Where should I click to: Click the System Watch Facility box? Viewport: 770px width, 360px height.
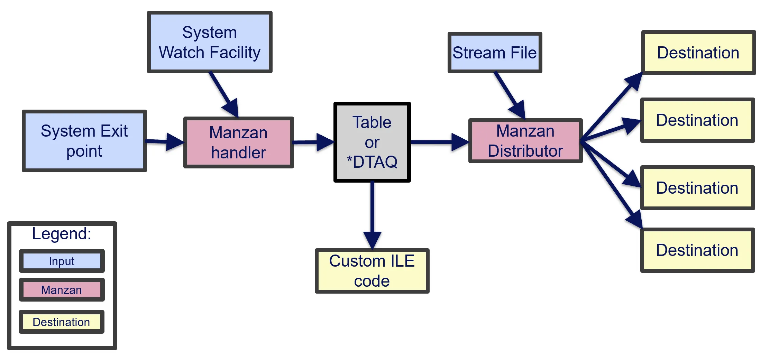(210, 42)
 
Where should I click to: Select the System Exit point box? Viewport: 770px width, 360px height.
(84, 141)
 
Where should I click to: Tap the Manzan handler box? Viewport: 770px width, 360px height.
(238, 142)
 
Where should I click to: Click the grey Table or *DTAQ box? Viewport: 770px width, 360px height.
(372, 142)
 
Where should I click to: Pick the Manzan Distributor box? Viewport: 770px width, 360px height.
(525, 141)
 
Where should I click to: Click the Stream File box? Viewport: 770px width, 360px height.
(494, 53)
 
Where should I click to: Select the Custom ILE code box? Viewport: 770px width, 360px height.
(372, 271)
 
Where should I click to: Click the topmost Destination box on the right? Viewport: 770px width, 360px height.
(698, 53)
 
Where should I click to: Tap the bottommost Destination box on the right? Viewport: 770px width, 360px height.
(697, 250)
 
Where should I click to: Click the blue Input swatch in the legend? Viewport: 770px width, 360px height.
(62, 261)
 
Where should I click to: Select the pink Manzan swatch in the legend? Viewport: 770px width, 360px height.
(62, 290)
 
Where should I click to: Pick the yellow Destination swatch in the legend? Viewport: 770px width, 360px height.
(62, 322)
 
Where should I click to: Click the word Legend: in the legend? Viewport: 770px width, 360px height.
(62, 234)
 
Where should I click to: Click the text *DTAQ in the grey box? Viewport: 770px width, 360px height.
(372, 162)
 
